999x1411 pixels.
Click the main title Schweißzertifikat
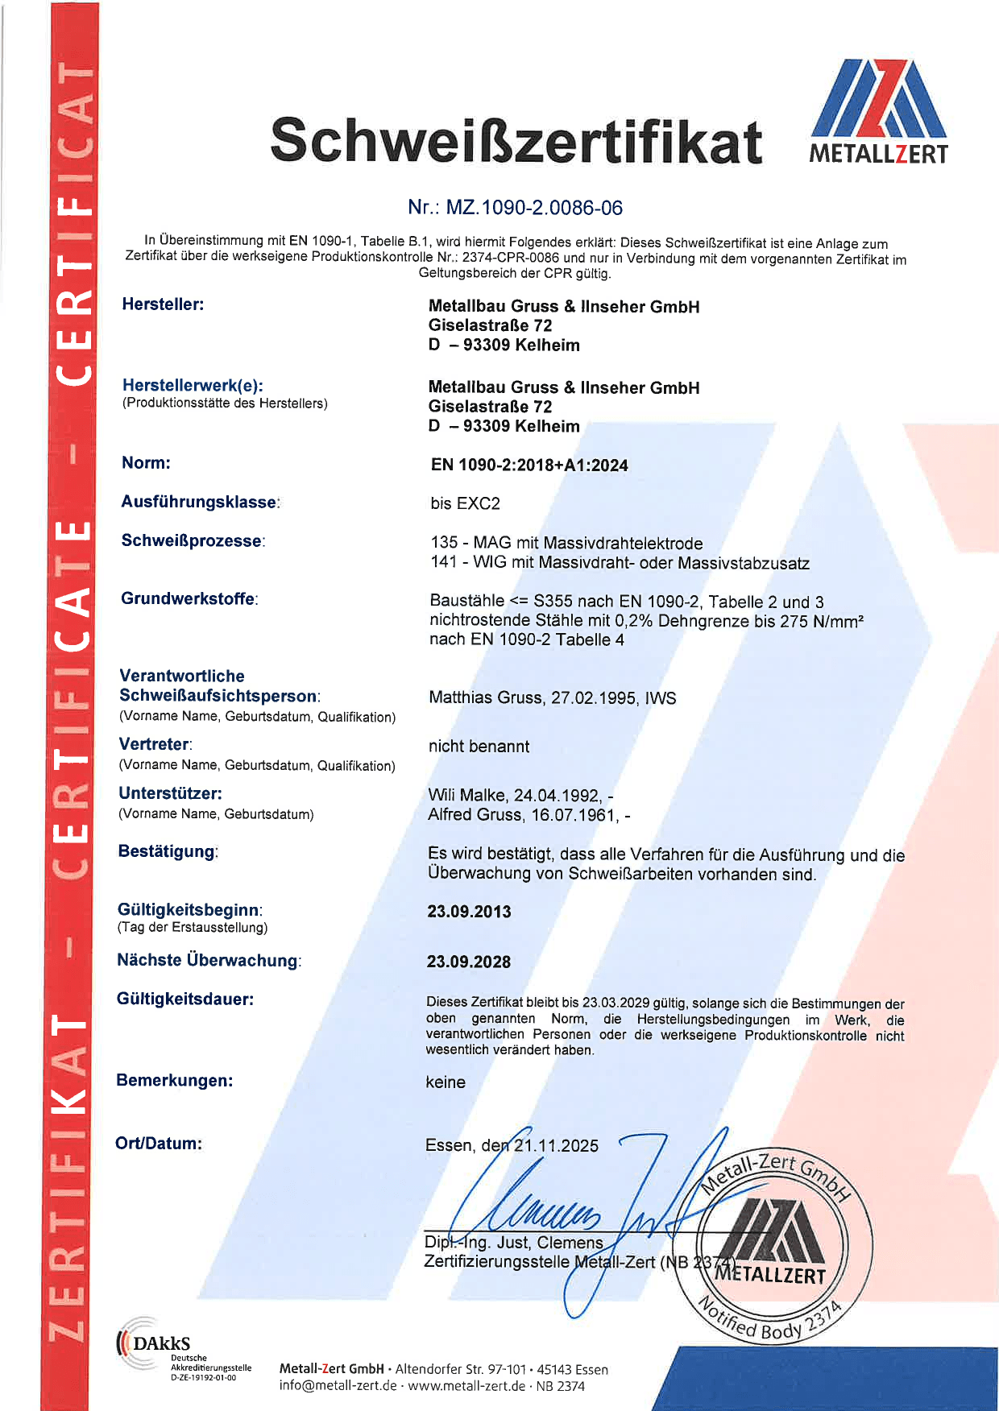tap(516, 141)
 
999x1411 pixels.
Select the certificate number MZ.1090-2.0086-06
tap(534, 208)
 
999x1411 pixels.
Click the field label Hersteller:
tap(163, 304)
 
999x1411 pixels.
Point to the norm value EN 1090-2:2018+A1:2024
tap(529, 465)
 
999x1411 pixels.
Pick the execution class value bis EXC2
tap(465, 503)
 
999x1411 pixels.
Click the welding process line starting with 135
tap(566, 543)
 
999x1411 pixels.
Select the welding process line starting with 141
tap(620, 563)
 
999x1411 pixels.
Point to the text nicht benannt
tap(479, 747)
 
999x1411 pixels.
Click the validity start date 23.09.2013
tap(469, 912)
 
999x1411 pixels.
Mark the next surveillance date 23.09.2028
tap(469, 962)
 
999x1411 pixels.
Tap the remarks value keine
tap(446, 1082)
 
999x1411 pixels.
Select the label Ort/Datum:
tap(159, 1144)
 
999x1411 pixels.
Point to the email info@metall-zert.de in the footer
tap(338, 1386)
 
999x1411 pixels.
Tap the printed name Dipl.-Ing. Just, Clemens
tap(513, 1243)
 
